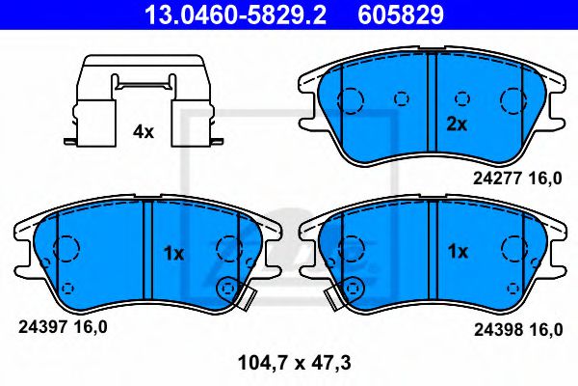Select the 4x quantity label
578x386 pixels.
(143, 132)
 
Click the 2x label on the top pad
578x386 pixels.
(457, 124)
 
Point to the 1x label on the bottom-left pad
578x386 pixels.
(173, 253)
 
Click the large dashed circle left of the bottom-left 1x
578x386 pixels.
(68, 250)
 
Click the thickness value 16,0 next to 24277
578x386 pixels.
(545, 179)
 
